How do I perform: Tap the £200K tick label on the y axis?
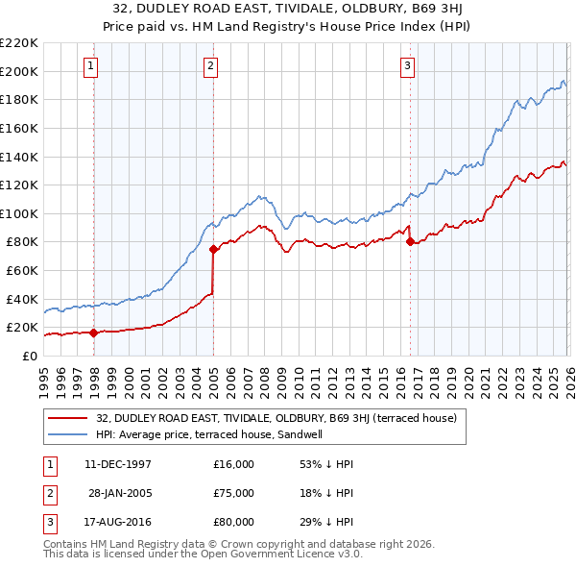(x=19, y=71)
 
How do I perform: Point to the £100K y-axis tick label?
(x=19, y=213)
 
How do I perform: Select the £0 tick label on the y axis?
(x=30, y=356)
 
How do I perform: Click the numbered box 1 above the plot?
(x=90, y=66)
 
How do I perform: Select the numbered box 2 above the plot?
(x=209, y=66)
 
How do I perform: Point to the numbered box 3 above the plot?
(x=407, y=66)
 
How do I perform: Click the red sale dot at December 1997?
(x=94, y=333)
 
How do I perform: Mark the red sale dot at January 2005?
(x=213, y=249)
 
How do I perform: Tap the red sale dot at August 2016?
(x=410, y=242)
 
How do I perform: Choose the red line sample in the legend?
(x=69, y=418)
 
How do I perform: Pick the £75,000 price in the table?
(x=234, y=493)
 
